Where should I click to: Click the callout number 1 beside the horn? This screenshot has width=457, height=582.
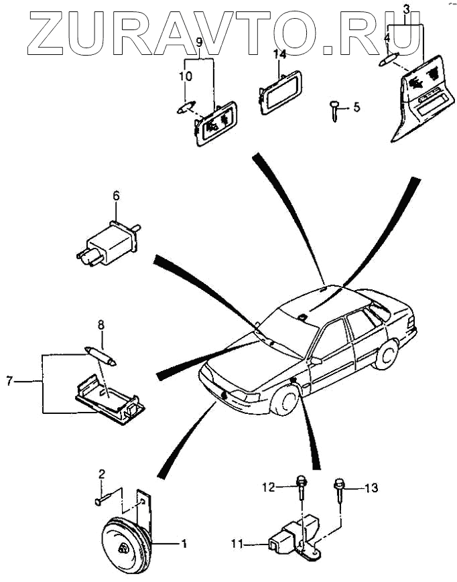184,544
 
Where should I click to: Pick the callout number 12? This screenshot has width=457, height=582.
269,488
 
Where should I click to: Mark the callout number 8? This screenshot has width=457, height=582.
101,325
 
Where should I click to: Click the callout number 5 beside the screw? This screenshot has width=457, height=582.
356,106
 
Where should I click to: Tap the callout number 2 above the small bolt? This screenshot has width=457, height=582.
102,475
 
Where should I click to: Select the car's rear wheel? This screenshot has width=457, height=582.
385,356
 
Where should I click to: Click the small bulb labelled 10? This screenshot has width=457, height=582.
186,106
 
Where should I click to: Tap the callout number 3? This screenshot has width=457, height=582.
405,9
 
